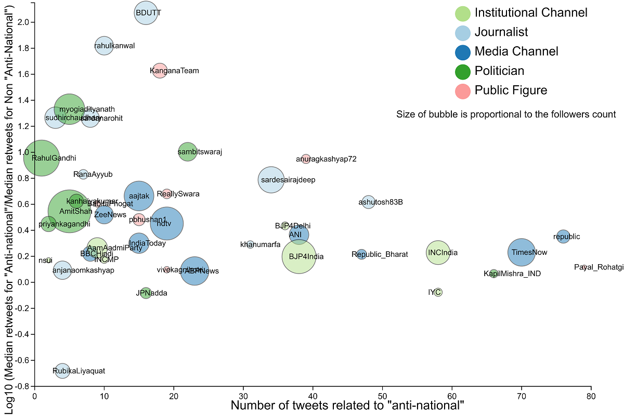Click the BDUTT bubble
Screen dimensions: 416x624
(146, 13)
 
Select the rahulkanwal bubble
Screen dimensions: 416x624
(104, 46)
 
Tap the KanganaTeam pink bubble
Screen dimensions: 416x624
(160, 71)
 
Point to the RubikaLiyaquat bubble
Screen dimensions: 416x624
(62, 371)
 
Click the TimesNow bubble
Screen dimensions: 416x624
(522, 252)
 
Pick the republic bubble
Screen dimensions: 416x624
(563, 236)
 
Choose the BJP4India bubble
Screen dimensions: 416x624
(299, 256)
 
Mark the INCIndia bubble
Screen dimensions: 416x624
(438, 253)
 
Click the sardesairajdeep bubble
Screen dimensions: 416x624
(271, 180)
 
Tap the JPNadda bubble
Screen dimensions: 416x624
(146, 293)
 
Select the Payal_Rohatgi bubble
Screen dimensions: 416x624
(584, 267)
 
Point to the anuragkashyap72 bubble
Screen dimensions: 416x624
(306, 159)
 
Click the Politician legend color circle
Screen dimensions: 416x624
(463, 71)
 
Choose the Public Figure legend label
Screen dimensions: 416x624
(511, 90)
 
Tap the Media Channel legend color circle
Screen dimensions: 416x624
(463, 51)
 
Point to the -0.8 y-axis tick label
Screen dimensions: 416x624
(21, 386)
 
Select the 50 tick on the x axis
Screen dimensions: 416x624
(382, 396)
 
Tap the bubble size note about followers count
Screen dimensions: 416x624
(506, 114)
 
